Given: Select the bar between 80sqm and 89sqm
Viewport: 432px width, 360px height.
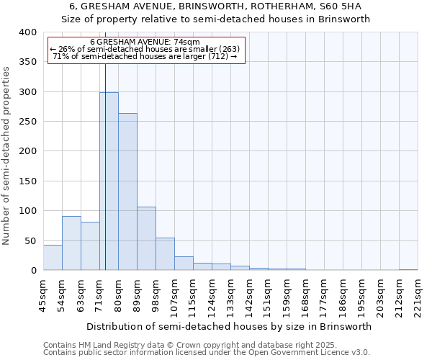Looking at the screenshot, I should (127, 192).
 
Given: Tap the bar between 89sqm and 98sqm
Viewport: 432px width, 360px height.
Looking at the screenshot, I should (146, 238).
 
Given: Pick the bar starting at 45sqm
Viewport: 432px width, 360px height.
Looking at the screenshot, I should (53, 258).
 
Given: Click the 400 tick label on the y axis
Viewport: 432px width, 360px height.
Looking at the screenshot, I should (27, 32).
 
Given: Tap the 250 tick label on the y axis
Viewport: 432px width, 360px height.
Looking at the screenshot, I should (27, 122).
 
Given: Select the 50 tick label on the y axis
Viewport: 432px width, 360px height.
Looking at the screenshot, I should (30, 240).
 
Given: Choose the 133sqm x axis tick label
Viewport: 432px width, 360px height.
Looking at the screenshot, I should (230, 296).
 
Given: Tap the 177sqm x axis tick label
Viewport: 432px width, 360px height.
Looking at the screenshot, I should (324, 296).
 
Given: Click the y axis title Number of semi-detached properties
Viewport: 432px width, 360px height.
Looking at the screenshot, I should (6, 155).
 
